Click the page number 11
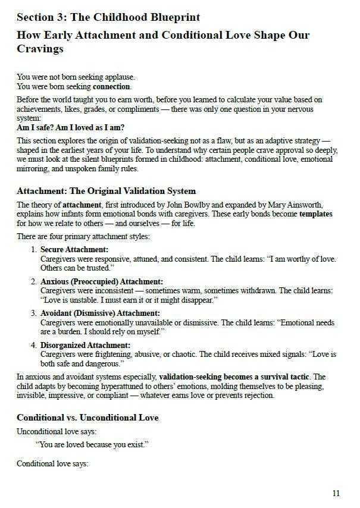pos(336,493)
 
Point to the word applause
pos(116,77)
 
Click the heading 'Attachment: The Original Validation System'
pos(106,191)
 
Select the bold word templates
pos(315,214)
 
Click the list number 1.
pos(34,249)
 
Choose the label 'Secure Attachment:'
pos(74,249)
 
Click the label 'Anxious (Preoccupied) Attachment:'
pos(101,281)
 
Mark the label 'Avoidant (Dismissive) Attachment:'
pos(100,313)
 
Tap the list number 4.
pos(34,345)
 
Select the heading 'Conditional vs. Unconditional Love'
pos(87,418)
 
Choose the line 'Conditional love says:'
pos(52,463)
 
